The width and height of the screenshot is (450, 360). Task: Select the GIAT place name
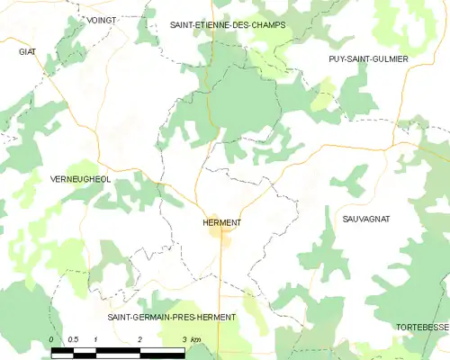tap(27, 52)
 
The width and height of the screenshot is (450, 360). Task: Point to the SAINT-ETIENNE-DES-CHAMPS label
tap(228, 25)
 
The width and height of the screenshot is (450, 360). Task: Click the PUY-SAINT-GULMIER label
tap(368, 58)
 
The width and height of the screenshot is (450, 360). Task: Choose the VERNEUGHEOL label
tap(81, 179)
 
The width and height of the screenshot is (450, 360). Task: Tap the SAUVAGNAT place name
tap(366, 219)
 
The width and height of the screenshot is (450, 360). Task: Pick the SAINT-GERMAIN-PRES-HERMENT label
tap(172, 318)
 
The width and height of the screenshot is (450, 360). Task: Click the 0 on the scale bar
tap(51, 338)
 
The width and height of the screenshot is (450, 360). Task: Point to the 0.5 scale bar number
tap(74, 338)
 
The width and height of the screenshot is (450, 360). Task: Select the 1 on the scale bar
tap(95, 338)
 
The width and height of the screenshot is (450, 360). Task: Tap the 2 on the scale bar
tap(139, 338)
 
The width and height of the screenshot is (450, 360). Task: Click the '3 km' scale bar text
tap(191, 338)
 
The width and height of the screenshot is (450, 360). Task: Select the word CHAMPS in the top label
tap(267, 25)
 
